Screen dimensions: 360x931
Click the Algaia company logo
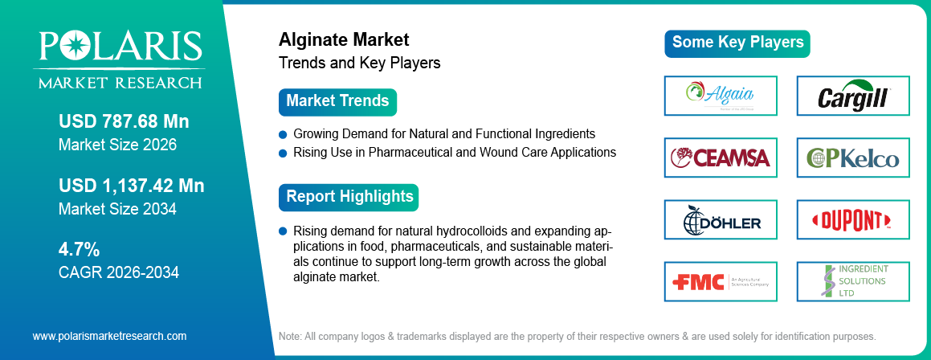721,96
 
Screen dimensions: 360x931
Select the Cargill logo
852,96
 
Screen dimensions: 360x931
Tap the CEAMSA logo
721,157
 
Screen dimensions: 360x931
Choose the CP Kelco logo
852,157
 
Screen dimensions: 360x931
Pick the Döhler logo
721,219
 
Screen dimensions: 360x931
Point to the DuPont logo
852,219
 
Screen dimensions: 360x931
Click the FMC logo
721,281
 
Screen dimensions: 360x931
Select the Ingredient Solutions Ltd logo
852,281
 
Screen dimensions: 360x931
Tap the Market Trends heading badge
337,102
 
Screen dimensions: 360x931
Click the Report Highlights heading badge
349,197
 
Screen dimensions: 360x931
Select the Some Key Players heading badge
737,43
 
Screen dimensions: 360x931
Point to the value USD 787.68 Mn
124,121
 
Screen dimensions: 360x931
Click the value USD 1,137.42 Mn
131,186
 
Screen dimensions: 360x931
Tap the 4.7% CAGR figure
79,249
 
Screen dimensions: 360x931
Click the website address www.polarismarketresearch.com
109,336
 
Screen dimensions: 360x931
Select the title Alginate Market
344,39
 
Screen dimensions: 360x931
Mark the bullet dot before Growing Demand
283,133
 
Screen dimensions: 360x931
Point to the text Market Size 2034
117,210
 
